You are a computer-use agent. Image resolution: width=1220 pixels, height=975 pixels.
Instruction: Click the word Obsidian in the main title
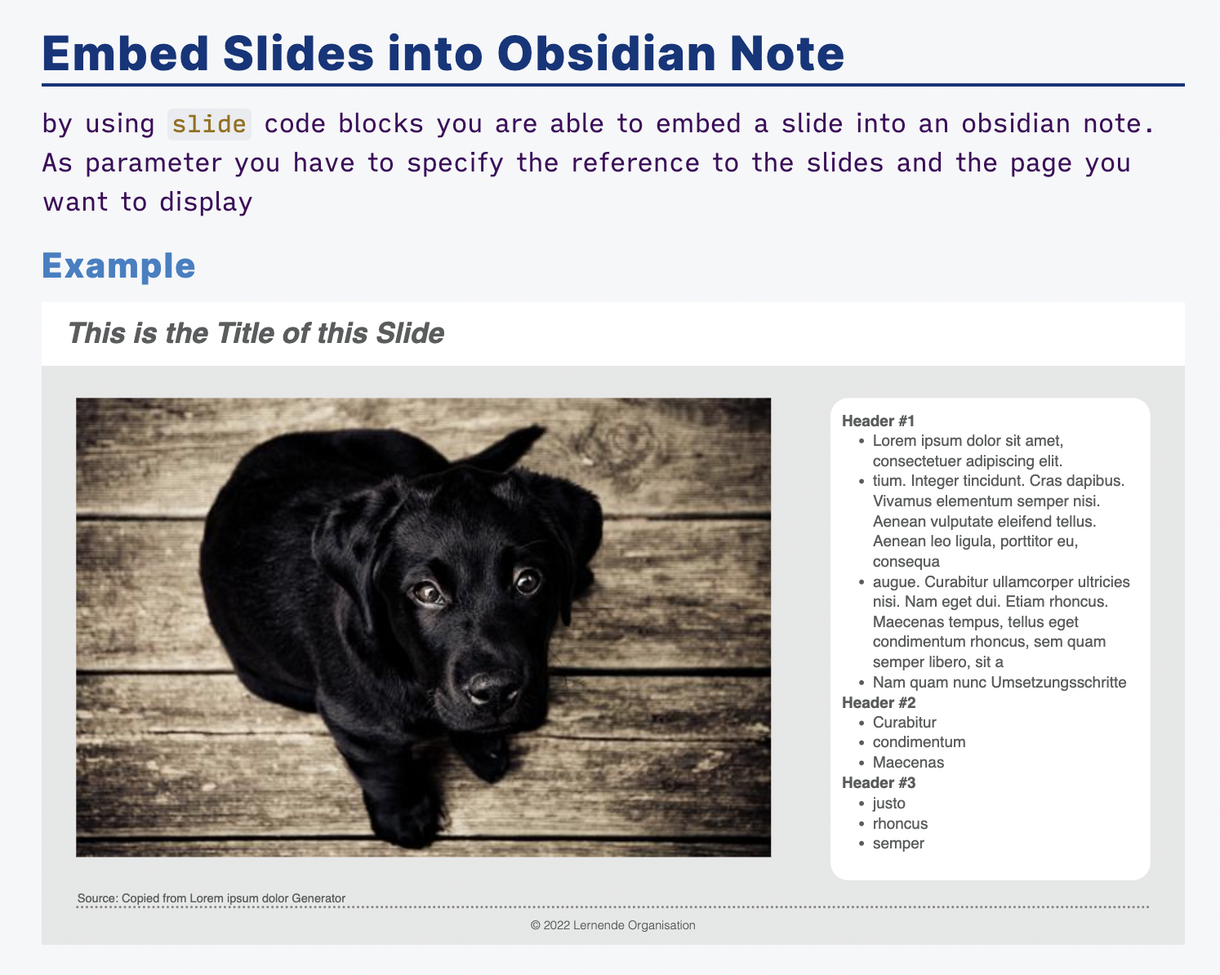pyautogui.click(x=607, y=53)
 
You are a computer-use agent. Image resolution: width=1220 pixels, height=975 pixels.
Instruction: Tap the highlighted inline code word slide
pyautogui.click(x=209, y=124)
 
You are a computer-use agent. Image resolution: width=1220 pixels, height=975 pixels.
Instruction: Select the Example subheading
pyautogui.click(x=118, y=265)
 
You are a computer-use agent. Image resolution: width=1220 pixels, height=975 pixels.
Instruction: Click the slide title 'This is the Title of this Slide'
pyautogui.click(x=256, y=332)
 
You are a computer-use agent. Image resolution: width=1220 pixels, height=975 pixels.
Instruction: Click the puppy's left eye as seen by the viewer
pyautogui.click(x=430, y=593)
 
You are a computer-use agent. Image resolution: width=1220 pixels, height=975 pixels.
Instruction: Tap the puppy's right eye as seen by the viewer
pyautogui.click(x=528, y=581)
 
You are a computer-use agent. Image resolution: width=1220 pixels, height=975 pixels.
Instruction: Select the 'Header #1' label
pyautogui.click(x=878, y=421)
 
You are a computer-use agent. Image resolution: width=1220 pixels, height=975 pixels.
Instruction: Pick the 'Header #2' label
pyautogui.click(x=879, y=702)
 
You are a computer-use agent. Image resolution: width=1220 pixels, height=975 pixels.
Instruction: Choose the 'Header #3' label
pyautogui.click(x=879, y=783)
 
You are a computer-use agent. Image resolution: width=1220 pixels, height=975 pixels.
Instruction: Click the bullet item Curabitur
pyautogui.click(x=904, y=722)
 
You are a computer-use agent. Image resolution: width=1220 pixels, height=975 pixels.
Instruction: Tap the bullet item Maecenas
pyautogui.click(x=908, y=763)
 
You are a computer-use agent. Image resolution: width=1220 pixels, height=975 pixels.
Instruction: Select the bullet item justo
pyautogui.click(x=889, y=804)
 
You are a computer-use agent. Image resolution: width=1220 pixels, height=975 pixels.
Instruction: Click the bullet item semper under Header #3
pyautogui.click(x=898, y=844)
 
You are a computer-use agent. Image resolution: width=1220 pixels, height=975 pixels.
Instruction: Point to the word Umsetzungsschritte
pyautogui.click(x=1058, y=682)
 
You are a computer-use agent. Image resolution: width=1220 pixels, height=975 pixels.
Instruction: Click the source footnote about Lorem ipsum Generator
pyautogui.click(x=211, y=898)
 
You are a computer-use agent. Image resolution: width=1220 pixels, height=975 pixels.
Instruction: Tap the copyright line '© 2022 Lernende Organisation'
pyautogui.click(x=612, y=925)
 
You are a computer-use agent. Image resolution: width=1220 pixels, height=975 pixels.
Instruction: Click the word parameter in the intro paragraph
pyautogui.click(x=154, y=163)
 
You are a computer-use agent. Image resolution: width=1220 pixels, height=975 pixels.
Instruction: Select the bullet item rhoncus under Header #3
pyautogui.click(x=900, y=823)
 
